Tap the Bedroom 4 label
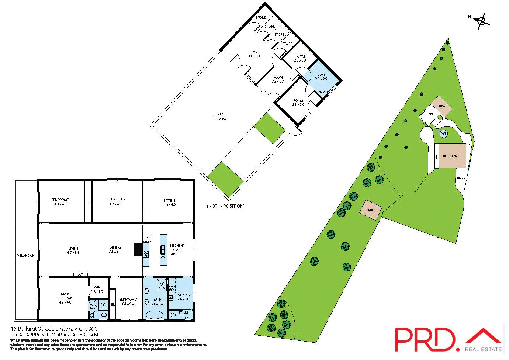116,199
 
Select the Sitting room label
169,201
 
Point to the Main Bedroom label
65,296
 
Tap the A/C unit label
81,274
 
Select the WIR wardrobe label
97,287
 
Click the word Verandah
26,255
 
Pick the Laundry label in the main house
183,295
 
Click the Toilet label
183,312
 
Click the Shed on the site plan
370,210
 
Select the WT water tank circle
443,134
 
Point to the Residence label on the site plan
451,156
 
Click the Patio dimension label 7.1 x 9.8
220,118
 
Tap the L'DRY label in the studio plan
321,75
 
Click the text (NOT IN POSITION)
225,206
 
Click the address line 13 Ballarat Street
54,329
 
